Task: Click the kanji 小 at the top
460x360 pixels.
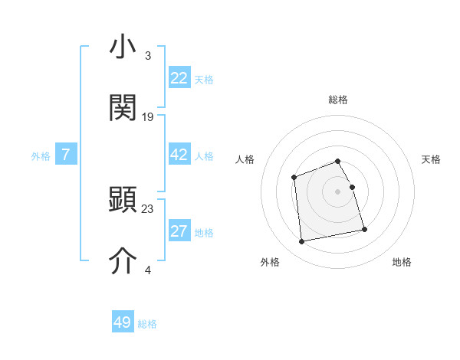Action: click(x=123, y=47)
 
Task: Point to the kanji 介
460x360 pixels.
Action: click(x=123, y=260)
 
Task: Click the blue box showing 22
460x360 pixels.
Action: click(x=179, y=78)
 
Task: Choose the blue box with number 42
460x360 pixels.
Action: click(x=179, y=155)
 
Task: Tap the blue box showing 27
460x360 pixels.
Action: click(x=179, y=232)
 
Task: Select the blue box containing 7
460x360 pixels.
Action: click(x=66, y=155)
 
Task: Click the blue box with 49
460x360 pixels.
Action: click(x=123, y=323)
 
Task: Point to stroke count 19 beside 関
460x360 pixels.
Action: click(x=148, y=117)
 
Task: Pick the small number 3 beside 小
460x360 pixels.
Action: click(x=148, y=56)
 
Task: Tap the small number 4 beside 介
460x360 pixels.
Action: click(x=148, y=270)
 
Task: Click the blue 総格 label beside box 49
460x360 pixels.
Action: click(x=148, y=324)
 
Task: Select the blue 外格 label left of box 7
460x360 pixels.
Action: click(x=41, y=156)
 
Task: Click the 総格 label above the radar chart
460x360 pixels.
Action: click(x=338, y=100)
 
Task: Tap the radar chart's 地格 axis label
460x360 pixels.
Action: click(x=402, y=262)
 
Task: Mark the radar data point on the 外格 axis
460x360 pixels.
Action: click(x=302, y=242)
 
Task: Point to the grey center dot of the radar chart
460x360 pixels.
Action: click(x=338, y=191)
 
